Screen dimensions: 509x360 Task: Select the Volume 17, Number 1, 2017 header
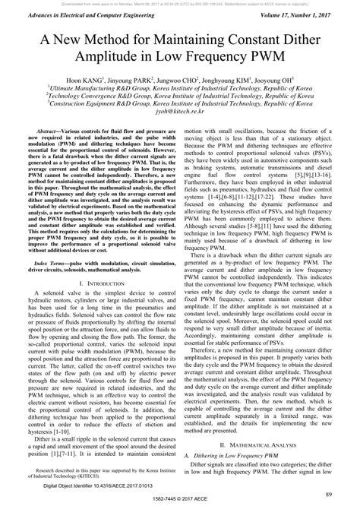click(x=303, y=13)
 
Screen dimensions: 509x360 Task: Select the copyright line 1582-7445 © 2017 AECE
click(x=180, y=501)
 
